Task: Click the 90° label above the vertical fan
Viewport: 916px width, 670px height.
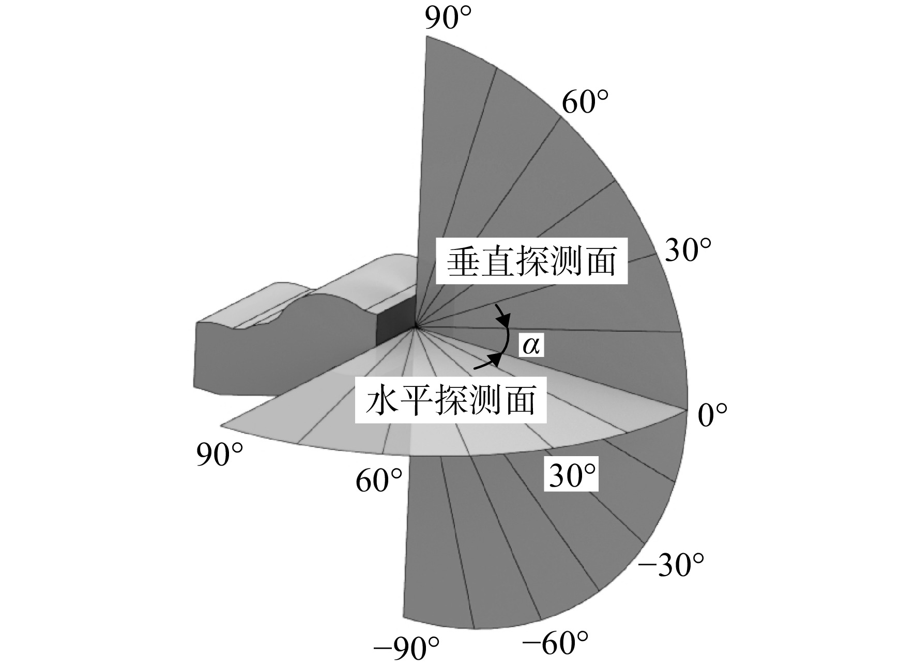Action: coord(448,19)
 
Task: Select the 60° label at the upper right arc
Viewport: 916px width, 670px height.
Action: coord(585,102)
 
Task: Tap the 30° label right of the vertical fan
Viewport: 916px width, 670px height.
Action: coord(688,250)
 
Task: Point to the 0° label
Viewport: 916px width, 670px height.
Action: coord(712,415)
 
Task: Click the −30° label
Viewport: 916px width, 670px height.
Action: coord(671,566)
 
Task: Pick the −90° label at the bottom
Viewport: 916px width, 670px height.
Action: coord(406,649)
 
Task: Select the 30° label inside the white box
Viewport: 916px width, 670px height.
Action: coord(572,475)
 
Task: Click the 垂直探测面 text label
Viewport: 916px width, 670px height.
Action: coord(532,261)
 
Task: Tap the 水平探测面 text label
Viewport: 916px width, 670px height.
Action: coord(450,401)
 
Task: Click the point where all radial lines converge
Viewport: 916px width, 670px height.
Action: coord(416,326)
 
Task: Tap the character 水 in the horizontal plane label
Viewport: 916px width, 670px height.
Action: coord(381,401)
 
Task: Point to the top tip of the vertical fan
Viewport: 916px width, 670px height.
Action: coord(426,37)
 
